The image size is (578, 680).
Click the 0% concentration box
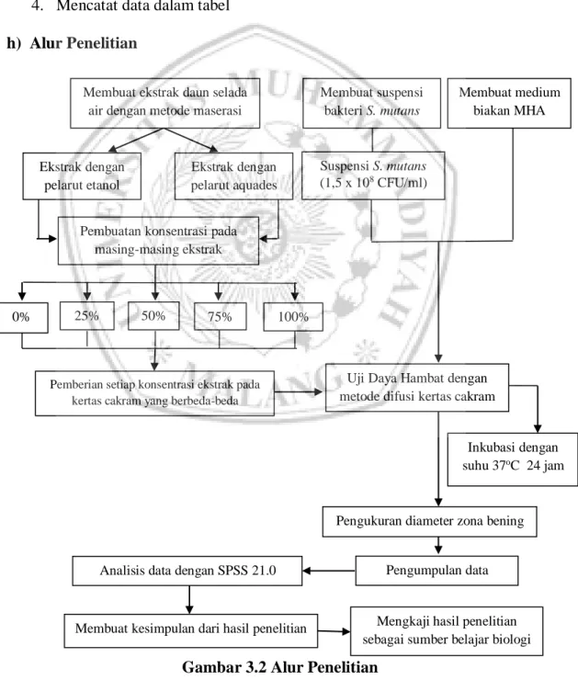pos(23,317)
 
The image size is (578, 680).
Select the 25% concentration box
pos(86,316)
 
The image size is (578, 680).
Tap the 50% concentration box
pos(153,316)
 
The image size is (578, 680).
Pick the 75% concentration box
pos(220,317)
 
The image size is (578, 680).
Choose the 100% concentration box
pos(293,317)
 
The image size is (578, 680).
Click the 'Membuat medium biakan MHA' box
pos(509,103)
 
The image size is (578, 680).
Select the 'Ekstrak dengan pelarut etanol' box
pos(82,176)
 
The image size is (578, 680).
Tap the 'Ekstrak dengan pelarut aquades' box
pos(233,176)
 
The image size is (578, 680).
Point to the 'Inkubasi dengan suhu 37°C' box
pos(513,459)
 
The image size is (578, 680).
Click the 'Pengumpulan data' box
pos(436,571)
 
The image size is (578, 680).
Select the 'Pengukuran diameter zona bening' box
pos(430,521)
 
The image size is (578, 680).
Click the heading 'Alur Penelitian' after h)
pos(84,43)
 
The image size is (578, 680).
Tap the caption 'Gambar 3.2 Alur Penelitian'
pos(279,667)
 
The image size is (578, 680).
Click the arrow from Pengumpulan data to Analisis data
pos(329,571)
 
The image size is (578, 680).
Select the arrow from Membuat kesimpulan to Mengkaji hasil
pos(334,631)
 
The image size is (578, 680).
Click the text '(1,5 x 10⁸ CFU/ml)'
pos(374,183)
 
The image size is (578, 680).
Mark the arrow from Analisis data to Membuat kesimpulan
pos(189,600)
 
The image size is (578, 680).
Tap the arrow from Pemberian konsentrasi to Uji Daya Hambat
pos(299,392)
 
